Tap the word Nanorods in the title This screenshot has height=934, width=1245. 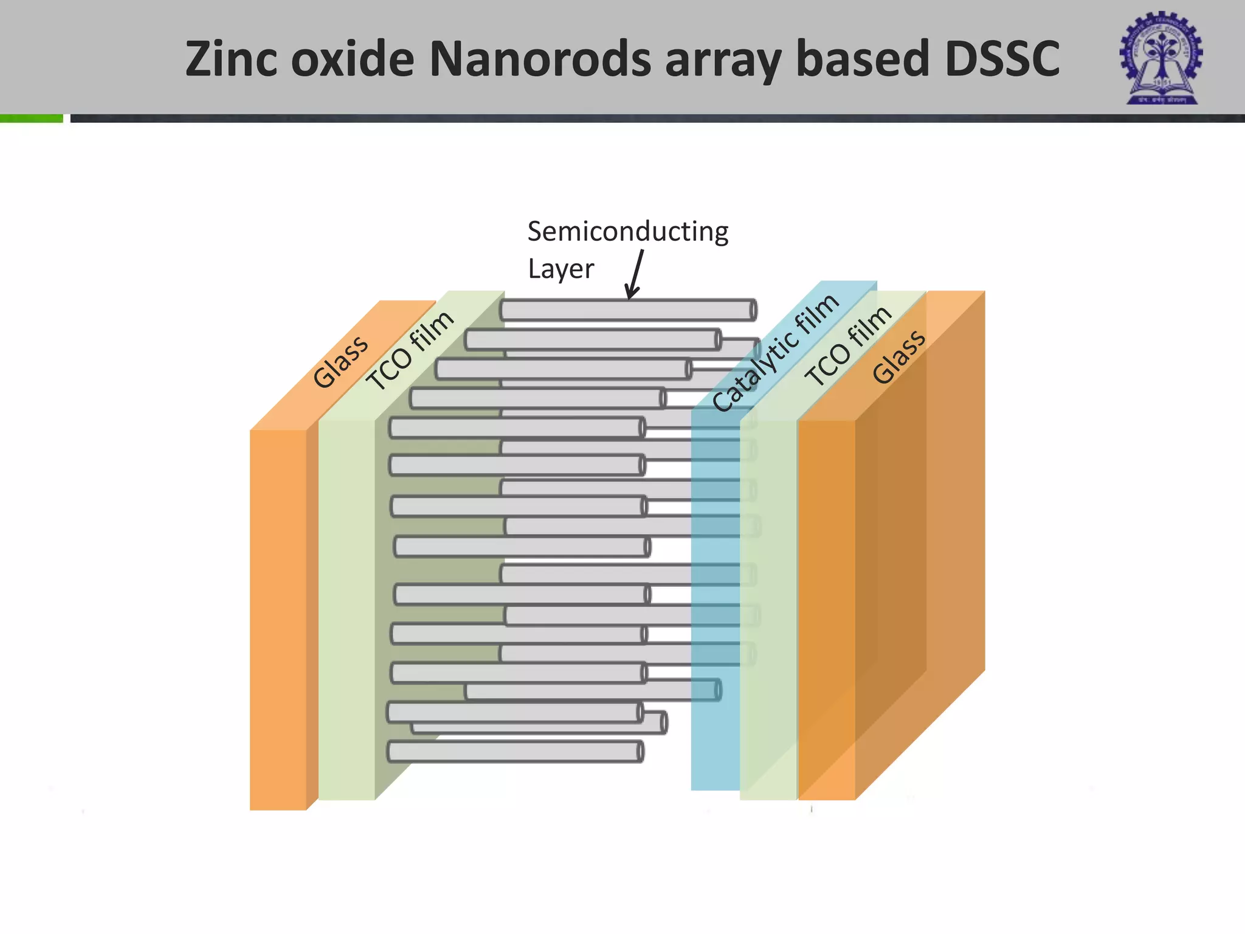click(540, 59)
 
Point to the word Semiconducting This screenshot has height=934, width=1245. click(627, 232)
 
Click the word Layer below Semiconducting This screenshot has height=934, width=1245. click(560, 269)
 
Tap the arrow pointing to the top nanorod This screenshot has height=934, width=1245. click(636, 274)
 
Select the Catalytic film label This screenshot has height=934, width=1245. click(775, 353)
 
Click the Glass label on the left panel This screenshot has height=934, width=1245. click(340, 361)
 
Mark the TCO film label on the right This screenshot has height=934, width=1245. click(848, 346)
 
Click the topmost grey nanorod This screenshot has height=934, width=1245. click(627, 310)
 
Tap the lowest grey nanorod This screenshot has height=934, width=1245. click(515, 752)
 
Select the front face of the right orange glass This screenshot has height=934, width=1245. click(826, 608)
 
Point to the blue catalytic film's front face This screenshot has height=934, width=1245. click(715, 730)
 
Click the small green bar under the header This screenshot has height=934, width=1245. click(31, 119)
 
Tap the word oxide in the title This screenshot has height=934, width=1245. click(353, 59)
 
